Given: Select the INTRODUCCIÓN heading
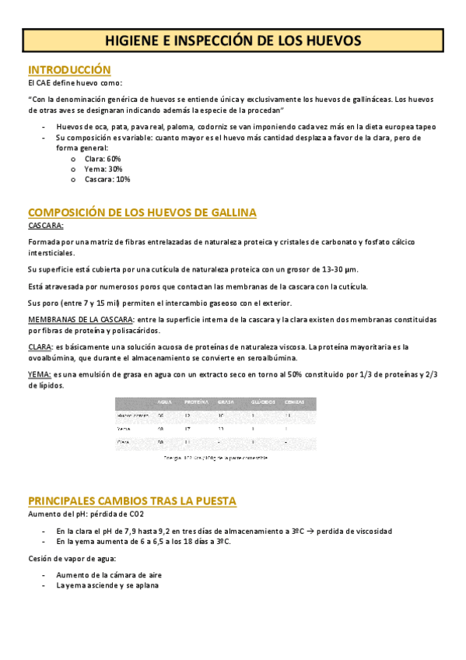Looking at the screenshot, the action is point(69,69).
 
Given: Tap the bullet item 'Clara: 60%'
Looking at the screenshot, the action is point(103,159).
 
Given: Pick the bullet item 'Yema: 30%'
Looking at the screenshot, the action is point(103,169).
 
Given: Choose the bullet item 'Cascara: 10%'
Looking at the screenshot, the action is point(107,179).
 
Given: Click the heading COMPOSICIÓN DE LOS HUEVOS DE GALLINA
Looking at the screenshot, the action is point(142,212).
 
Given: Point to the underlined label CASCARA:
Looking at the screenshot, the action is point(46,225).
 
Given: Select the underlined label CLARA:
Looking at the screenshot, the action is point(40,347).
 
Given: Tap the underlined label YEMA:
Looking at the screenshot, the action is point(39,374).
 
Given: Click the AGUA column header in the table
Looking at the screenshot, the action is point(165,402).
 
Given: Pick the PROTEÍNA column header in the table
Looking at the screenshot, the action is point(195,402).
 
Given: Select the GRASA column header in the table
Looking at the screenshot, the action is point(226,402).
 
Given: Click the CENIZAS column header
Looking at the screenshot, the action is point(294,402).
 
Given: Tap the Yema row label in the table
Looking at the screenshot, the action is point(123,428).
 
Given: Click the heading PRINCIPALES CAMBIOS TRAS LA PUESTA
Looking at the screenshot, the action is point(132,500).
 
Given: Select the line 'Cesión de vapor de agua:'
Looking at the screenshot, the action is point(72,559).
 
